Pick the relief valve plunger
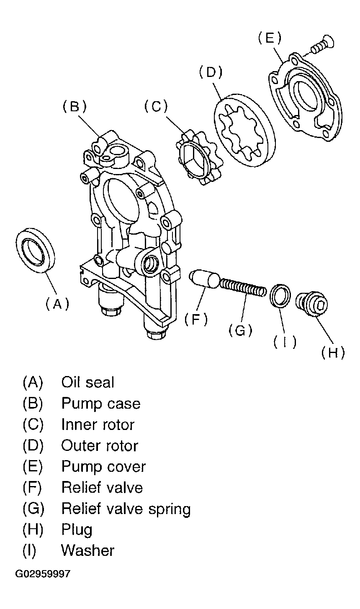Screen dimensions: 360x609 (204, 279)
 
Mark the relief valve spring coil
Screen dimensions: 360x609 (242, 288)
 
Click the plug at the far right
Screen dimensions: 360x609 (311, 304)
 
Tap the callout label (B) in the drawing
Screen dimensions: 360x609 (75, 106)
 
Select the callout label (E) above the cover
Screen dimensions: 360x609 (270, 38)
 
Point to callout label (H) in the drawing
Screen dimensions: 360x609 (333, 353)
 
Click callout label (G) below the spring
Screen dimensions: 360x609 (241, 330)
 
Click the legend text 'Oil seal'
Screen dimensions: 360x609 (87, 382)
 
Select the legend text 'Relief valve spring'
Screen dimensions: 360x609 (126, 509)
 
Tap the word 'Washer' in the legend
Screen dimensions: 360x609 (88, 550)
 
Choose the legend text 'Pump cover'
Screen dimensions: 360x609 (103, 466)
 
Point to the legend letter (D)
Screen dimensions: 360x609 (33, 445)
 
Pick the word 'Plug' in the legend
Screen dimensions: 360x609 (77, 530)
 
